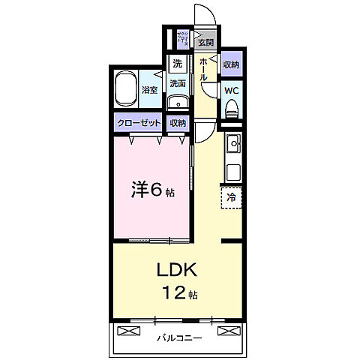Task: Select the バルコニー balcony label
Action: [x=179, y=337]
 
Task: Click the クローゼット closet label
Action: [x=138, y=123]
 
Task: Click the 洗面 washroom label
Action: [x=178, y=82]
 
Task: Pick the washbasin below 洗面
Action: [x=178, y=103]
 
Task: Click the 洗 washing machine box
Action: [x=177, y=63]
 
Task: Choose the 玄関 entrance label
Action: [x=205, y=43]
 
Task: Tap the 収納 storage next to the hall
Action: [x=231, y=65]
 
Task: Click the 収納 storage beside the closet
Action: [x=178, y=123]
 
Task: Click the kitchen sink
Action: [x=232, y=142]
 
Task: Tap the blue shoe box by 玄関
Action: [x=183, y=37]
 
